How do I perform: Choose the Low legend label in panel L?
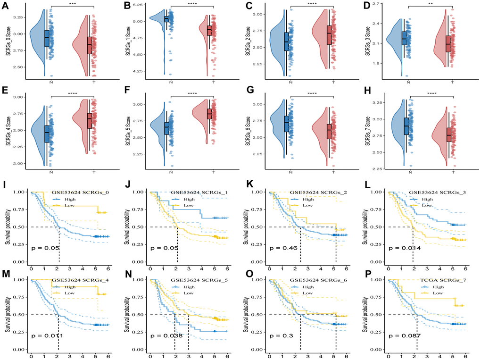(x=426, y=205)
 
